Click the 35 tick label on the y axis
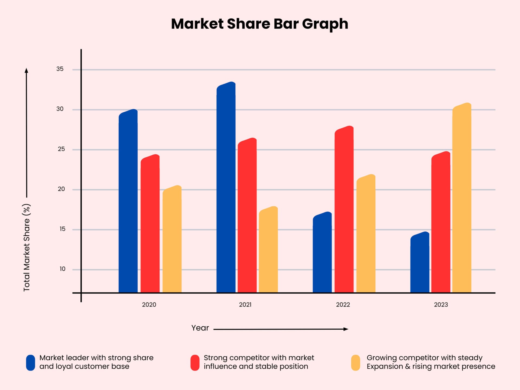coord(60,69)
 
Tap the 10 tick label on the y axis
coord(62,269)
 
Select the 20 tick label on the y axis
coord(61,189)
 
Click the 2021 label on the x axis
coord(245,305)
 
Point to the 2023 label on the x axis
coord(441,305)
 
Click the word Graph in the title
coord(325,24)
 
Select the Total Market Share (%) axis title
coord(27,248)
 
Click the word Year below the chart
coord(200,328)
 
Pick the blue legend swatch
coord(31,363)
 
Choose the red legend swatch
coord(195,363)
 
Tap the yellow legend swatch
coord(356,363)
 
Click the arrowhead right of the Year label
coord(346,329)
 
